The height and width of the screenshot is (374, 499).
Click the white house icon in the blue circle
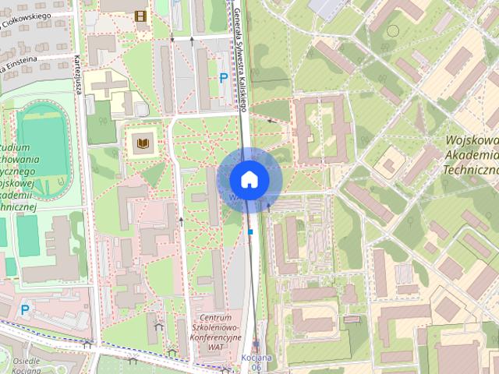[x=249, y=179]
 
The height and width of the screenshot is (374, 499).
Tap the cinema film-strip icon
[x=140, y=16]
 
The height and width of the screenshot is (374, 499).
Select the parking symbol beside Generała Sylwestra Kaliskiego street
[x=224, y=78]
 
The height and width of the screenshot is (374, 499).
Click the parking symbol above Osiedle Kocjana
[x=25, y=309]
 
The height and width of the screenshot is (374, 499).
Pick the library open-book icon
[x=143, y=143]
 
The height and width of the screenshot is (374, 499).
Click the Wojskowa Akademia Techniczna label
[x=470, y=155]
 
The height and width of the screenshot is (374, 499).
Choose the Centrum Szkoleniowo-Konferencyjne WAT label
[x=217, y=330]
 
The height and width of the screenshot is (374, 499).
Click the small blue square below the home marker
[x=250, y=231]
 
